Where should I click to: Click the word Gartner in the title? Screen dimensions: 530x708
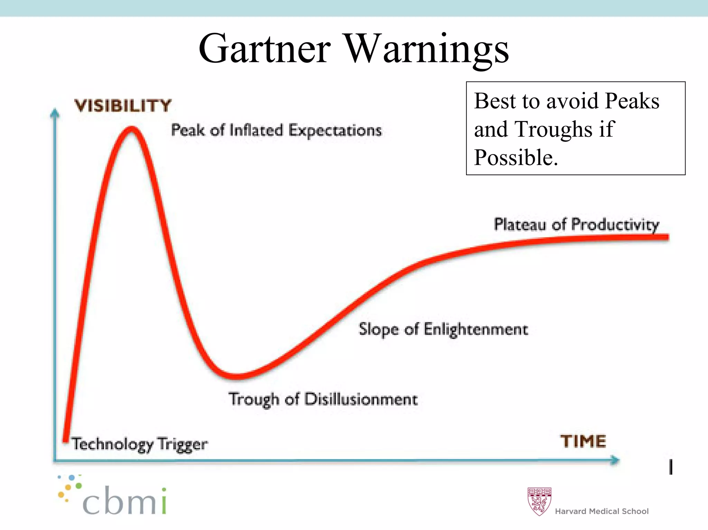point(264,49)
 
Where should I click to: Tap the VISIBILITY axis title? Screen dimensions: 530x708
point(123,105)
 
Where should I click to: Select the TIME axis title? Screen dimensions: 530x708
point(583,441)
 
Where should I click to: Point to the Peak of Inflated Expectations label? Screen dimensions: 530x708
point(276,130)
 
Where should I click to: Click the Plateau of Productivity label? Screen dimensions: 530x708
point(576,224)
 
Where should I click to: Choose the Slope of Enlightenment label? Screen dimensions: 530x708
point(443,329)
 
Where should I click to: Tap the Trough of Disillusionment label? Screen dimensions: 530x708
point(323,399)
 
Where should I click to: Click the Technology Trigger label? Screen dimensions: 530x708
point(140,444)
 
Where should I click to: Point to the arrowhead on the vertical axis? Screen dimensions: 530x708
point(55,113)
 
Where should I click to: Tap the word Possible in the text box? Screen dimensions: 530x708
point(515,157)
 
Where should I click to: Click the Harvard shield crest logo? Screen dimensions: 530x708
point(539,501)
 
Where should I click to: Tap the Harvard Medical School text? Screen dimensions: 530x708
point(602,511)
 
